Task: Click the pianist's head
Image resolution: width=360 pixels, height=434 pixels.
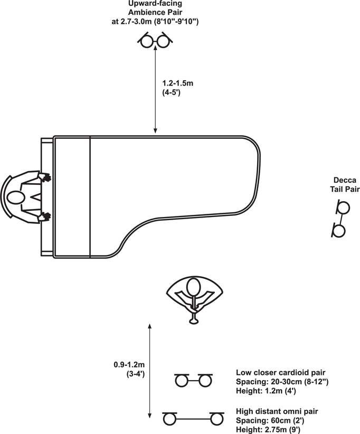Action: click(16, 197)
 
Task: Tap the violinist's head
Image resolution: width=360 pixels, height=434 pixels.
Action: click(193, 287)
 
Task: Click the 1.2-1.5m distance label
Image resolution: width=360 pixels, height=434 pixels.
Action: click(177, 88)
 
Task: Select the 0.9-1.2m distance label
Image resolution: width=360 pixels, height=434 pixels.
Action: click(129, 369)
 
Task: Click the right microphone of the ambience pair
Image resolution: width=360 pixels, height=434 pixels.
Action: click(164, 41)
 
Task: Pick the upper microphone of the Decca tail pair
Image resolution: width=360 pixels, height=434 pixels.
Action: click(343, 207)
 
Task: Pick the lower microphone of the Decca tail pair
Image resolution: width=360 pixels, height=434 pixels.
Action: click(339, 231)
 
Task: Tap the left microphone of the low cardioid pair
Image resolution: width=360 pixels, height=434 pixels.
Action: click(182, 381)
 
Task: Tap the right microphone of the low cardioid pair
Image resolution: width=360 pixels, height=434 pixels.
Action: click(205, 381)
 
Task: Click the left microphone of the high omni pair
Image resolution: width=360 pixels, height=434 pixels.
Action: click(169, 419)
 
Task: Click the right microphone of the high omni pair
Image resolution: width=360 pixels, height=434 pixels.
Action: click(217, 419)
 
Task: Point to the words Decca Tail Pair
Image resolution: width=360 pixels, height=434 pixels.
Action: click(345, 185)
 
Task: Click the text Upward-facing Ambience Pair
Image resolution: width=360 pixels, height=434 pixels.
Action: click(155, 8)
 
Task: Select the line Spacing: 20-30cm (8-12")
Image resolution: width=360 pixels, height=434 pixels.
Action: click(282, 382)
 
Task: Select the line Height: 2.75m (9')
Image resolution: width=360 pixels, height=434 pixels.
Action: click(268, 430)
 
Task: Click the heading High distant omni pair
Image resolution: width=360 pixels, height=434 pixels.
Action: click(277, 411)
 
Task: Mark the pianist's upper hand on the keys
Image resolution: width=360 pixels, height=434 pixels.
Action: click(44, 177)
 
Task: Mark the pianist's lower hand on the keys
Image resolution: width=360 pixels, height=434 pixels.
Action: click(44, 216)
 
